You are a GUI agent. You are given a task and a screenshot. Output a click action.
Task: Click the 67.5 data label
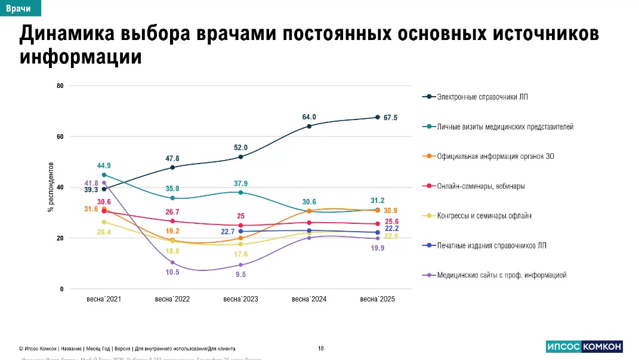[x=390, y=118]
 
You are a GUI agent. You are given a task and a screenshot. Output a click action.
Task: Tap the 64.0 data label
[x=309, y=117]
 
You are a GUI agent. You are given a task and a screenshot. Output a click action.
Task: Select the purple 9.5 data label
[x=240, y=275]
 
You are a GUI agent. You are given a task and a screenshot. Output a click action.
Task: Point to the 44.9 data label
[x=104, y=165]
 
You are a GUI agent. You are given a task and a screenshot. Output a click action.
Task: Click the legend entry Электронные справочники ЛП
[x=481, y=97]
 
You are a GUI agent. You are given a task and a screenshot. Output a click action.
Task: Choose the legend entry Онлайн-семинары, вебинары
[x=481, y=186]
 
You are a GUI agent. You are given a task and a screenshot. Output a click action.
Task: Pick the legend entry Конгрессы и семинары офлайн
[x=484, y=216]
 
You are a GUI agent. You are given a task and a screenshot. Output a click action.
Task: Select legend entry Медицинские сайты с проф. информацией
[x=501, y=275]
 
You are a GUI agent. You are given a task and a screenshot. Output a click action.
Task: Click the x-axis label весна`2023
[x=240, y=299]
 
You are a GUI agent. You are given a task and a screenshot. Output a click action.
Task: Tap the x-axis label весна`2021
[x=104, y=299]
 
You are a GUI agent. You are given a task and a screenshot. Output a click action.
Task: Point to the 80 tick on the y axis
[x=60, y=86]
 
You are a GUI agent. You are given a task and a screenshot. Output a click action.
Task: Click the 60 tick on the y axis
[x=60, y=137]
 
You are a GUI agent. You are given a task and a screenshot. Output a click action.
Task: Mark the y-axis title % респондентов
[x=51, y=187]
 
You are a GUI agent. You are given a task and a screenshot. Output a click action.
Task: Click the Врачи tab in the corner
[x=18, y=8]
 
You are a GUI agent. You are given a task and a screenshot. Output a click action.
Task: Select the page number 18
[x=321, y=348]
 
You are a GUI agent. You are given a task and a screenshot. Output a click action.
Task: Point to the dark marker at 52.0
[x=240, y=157]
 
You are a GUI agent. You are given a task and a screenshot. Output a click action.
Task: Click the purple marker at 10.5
[x=172, y=263]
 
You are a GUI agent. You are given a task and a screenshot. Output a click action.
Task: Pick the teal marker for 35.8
[x=172, y=198]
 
